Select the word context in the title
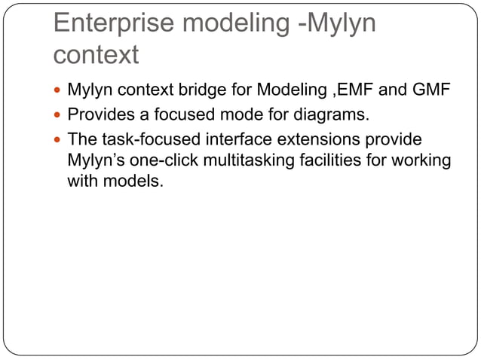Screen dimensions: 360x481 point(97,54)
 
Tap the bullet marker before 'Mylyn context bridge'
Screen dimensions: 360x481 point(59,93)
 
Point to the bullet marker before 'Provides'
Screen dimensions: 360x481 point(59,117)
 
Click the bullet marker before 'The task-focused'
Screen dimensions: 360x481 point(59,140)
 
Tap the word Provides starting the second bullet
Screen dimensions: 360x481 point(99,117)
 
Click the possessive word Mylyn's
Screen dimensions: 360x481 point(95,160)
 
